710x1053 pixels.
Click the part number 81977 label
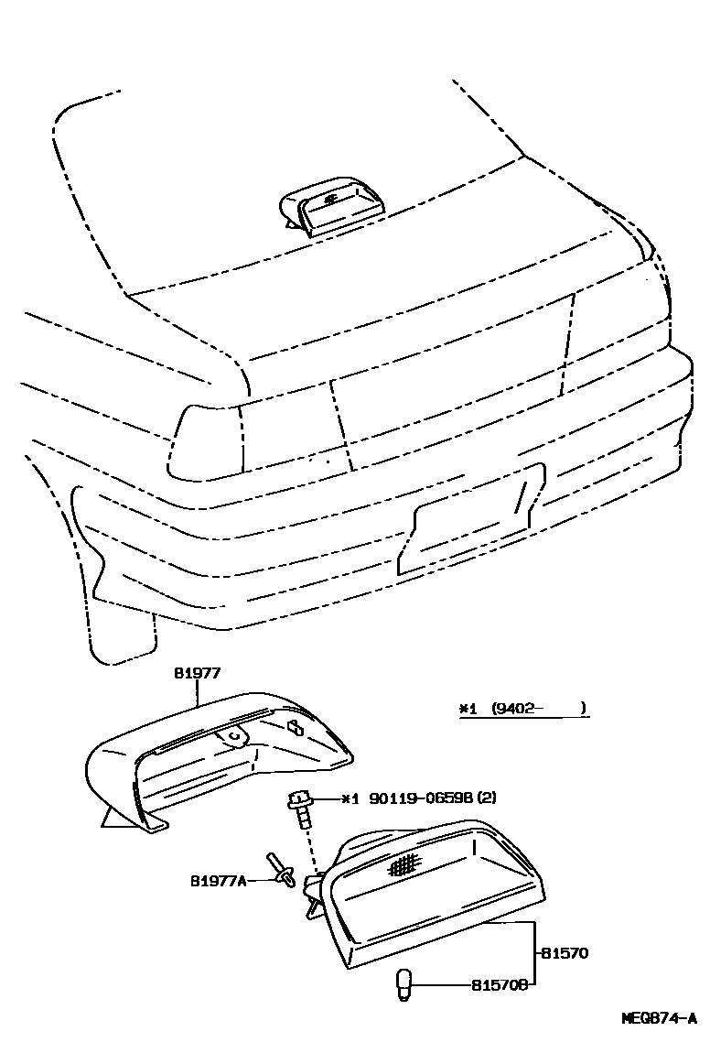[x=198, y=673]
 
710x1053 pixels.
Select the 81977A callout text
[x=219, y=881]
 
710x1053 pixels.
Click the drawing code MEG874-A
[x=659, y=1017]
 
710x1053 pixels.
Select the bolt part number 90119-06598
[x=422, y=798]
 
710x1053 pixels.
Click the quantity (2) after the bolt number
[x=487, y=798]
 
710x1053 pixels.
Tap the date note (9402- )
[x=538, y=708]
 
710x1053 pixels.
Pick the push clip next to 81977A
[x=281, y=872]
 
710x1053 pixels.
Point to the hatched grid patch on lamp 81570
[x=403, y=863]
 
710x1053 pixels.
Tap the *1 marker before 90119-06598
[x=351, y=798]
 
